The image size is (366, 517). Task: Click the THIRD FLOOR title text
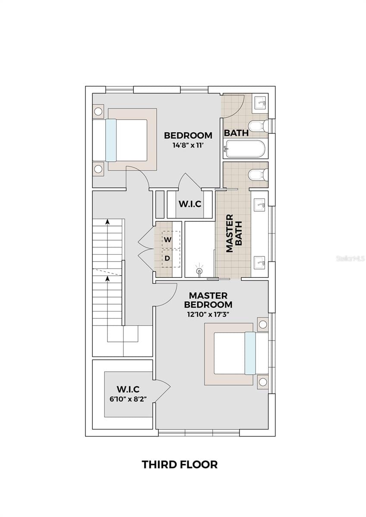(x=180, y=465)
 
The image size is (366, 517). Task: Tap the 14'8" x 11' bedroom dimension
(x=188, y=146)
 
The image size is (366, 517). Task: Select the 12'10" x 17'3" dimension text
(x=208, y=315)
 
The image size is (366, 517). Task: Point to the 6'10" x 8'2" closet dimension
(x=128, y=399)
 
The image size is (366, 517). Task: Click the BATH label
(x=236, y=133)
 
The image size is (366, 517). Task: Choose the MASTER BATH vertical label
(x=233, y=233)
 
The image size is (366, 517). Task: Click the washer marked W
(x=171, y=240)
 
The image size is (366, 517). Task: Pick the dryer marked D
(x=171, y=258)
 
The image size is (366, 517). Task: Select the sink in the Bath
(x=261, y=103)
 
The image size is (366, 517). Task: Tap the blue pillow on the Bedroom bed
(x=111, y=140)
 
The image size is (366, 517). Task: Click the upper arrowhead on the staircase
(x=107, y=222)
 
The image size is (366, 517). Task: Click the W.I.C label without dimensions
(x=190, y=204)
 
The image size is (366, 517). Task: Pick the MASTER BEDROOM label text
(x=208, y=300)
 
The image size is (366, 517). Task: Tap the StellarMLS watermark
(x=350, y=258)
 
